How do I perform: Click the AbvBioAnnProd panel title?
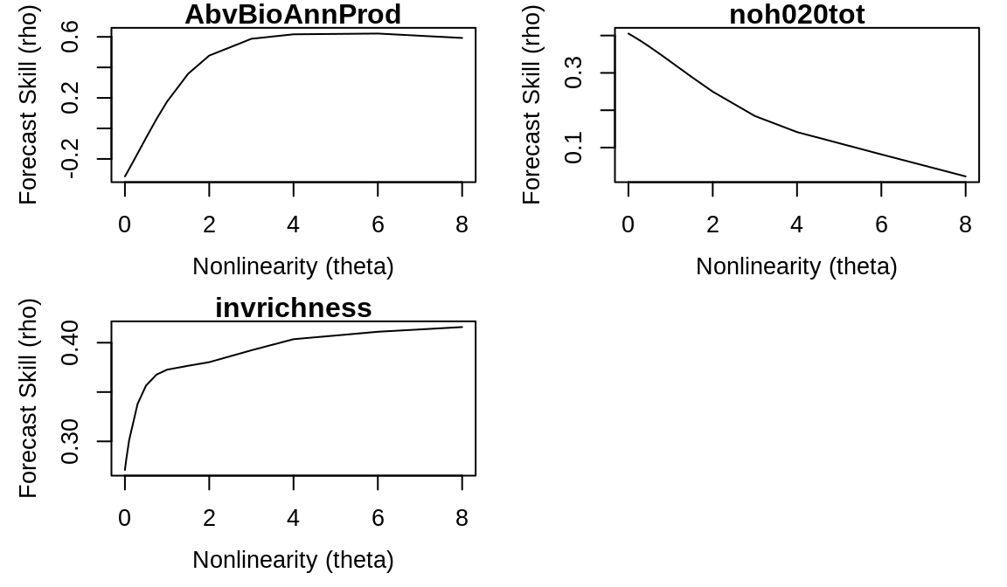(x=293, y=15)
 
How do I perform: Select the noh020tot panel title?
(x=796, y=15)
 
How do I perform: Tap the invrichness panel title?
(x=293, y=308)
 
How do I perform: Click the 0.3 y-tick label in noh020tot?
(x=574, y=73)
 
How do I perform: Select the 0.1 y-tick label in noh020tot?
(x=574, y=148)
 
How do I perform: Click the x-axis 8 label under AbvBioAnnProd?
(x=462, y=225)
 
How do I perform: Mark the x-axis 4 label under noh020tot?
(x=796, y=225)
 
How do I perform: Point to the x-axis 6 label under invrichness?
(x=378, y=519)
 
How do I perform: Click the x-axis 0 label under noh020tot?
(x=629, y=225)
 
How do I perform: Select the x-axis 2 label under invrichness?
(x=209, y=519)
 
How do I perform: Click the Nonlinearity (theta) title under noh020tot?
(x=796, y=266)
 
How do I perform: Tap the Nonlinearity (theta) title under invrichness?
(x=293, y=560)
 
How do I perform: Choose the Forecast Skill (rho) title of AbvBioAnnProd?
(x=29, y=105)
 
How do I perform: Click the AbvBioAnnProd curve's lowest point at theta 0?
(x=125, y=176)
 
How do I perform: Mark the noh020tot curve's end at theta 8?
(x=965, y=176)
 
